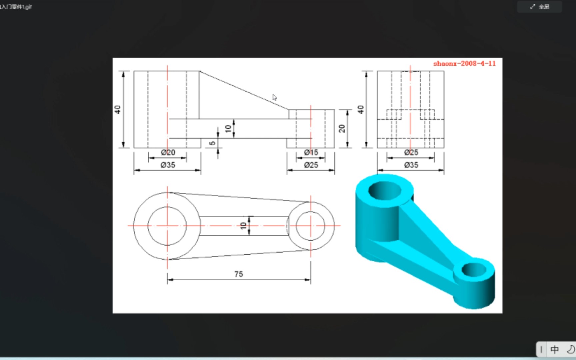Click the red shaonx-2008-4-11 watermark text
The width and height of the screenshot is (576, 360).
pyautogui.click(x=464, y=63)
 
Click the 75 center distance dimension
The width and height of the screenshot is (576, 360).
pyautogui.click(x=238, y=274)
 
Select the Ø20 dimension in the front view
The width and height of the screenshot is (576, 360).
pyautogui.click(x=168, y=152)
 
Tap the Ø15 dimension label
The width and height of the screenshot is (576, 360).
pyautogui.click(x=311, y=152)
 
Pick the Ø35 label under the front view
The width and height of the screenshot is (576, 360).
pyautogui.click(x=168, y=165)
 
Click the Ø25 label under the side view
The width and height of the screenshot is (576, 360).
pyautogui.click(x=411, y=152)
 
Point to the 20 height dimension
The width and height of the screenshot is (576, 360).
pyautogui.click(x=342, y=128)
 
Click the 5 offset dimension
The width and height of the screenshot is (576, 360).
pyautogui.click(x=212, y=143)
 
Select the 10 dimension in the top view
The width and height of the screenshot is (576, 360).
pyautogui.click(x=243, y=226)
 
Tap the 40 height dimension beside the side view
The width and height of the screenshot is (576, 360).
pyautogui.click(x=361, y=109)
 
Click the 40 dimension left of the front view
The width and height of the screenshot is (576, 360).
pyautogui.click(x=118, y=109)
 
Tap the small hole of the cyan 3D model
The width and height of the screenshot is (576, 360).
pyautogui.click(x=474, y=269)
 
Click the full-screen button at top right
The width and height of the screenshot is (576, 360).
pyautogui.click(x=539, y=7)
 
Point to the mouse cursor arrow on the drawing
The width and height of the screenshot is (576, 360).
pyautogui.click(x=274, y=97)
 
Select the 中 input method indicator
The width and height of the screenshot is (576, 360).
pyautogui.click(x=555, y=349)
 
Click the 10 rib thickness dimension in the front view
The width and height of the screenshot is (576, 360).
pyautogui.click(x=228, y=128)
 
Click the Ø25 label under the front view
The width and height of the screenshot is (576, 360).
pyautogui.click(x=311, y=165)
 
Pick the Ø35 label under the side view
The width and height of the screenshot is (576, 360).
pyautogui.click(x=411, y=165)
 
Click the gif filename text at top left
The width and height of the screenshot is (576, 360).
pyautogui.click(x=16, y=7)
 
